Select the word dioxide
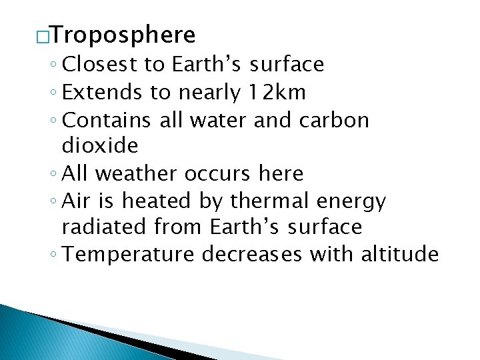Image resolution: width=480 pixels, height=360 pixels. (99, 146)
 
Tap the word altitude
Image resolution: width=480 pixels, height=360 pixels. (399, 255)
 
